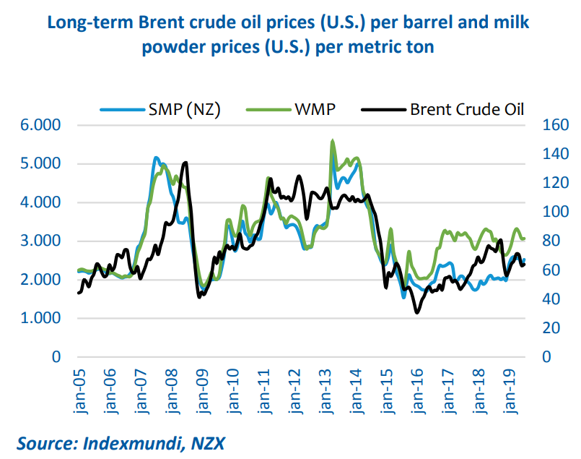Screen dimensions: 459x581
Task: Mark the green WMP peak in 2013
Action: tap(332, 141)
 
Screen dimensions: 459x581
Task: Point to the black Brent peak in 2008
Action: tap(185, 163)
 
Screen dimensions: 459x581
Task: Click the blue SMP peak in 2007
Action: tap(155, 158)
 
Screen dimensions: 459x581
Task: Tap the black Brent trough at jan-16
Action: tap(416, 312)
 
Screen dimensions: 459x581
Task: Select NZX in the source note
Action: tap(209, 442)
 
